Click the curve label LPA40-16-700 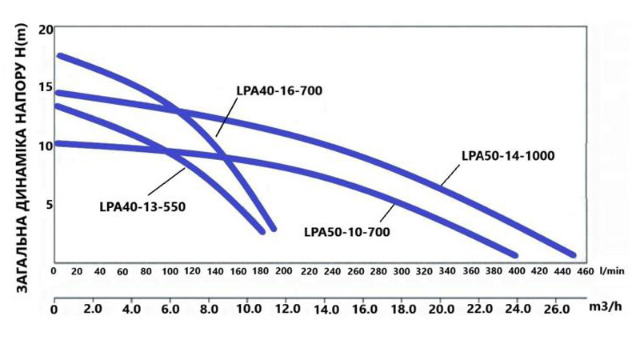tap(279, 90)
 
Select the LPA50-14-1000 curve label tap(508, 155)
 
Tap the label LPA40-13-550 tap(143, 206)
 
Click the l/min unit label tap(612, 271)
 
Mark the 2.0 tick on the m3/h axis tap(92, 309)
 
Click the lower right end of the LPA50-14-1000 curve tap(573, 254)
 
